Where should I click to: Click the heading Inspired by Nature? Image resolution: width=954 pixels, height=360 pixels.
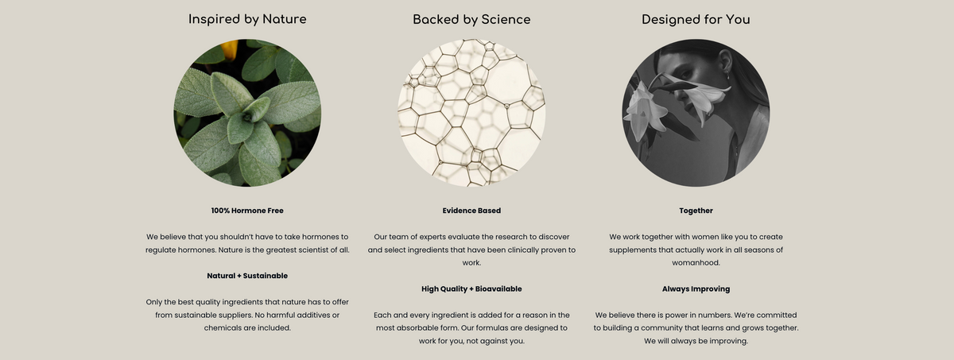pos(247,20)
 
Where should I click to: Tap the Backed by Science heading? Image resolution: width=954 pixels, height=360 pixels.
pos(471,20)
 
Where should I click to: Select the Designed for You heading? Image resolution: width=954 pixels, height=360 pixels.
pos(696,20)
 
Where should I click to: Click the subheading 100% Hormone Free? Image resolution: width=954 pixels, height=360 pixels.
pos(247,211)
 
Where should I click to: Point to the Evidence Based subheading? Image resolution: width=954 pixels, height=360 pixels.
pos(471,211)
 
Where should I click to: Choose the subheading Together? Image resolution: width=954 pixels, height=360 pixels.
pos(696,211)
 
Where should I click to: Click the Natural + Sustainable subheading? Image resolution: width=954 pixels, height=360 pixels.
pos(247,276)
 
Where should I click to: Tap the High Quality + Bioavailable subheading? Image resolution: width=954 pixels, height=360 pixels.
pos(471,289)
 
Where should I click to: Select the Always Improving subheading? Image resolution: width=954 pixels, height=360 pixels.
pos(696,289)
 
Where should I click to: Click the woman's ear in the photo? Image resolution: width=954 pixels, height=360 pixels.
pos(725,60)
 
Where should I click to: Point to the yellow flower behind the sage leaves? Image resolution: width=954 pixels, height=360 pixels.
pos(230,49)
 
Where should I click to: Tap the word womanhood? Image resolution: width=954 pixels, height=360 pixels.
pos(696,263)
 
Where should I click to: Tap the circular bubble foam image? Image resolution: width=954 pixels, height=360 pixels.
pos(471,113)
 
